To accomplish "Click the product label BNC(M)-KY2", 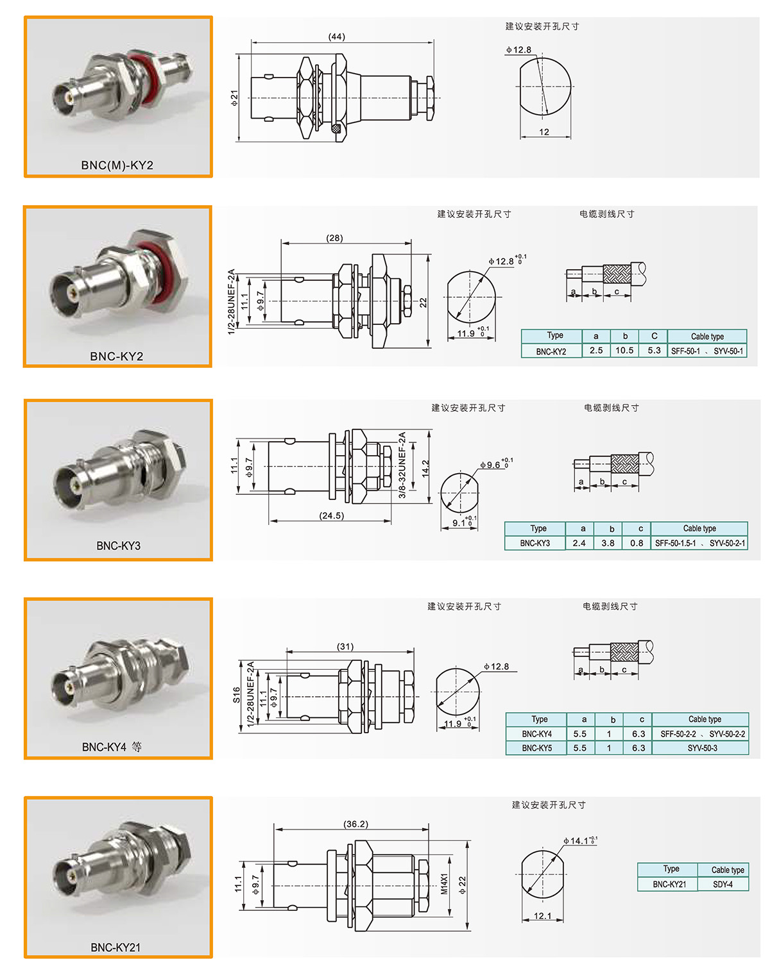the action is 117,165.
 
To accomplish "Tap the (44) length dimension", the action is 337,37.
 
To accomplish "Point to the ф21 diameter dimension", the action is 234,98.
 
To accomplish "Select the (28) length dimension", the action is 334,237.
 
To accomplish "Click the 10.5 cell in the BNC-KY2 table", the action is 624,350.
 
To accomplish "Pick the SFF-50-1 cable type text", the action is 685,351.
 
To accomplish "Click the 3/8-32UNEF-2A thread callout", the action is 402,465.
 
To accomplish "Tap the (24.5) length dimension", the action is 331,515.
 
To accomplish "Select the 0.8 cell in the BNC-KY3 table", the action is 637,543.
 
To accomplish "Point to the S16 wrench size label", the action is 236,695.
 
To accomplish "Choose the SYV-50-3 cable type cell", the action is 702,748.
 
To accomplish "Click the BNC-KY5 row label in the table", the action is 536,748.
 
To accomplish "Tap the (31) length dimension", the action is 345,646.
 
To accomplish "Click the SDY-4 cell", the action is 723,884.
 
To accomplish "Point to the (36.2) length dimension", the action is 355,824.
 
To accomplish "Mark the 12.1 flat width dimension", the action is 543,916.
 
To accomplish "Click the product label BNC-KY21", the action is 116,947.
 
